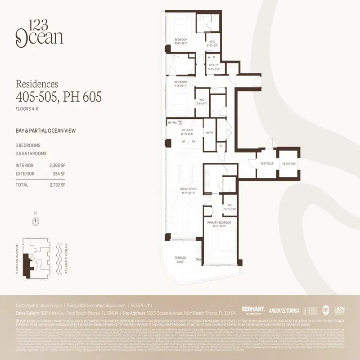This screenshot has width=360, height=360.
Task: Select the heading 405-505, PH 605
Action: tap(58, 96)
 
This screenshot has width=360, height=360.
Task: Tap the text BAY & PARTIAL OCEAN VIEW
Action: tap(45, 131)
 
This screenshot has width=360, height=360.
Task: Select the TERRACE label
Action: tap(180, 258)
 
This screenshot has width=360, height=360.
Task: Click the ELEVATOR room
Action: tap(288, 164)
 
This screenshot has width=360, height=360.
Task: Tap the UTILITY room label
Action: tap(213, 65)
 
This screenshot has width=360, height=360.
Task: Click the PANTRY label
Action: tap(209, 133)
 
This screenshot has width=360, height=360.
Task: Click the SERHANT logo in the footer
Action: tap(252, 310)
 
